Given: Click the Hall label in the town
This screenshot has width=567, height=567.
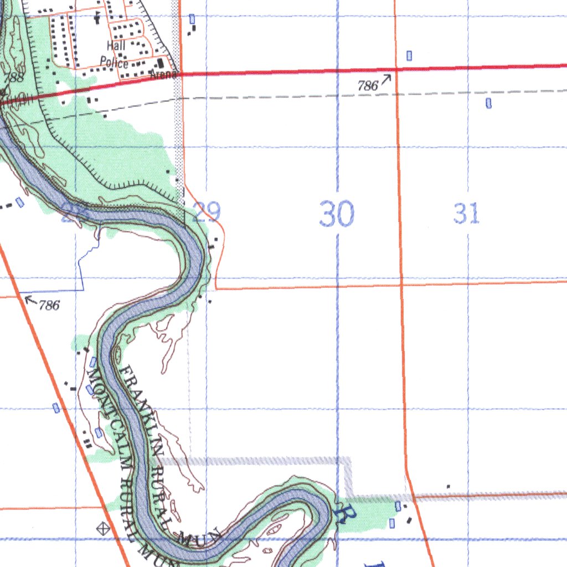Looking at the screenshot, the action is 116,45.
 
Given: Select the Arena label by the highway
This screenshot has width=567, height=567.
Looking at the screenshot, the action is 165,74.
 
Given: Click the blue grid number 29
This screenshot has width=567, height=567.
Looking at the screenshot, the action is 207,212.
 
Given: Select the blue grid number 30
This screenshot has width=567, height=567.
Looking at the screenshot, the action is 337,214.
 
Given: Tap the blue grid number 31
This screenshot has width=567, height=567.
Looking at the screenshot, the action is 466,213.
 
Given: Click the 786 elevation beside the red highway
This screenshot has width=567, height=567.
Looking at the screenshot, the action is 368,85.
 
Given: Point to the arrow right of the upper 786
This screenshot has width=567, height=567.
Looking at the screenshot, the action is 386,79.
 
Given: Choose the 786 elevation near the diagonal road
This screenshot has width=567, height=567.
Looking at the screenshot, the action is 49,305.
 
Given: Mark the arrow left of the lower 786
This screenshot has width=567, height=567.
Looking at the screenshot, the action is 31,301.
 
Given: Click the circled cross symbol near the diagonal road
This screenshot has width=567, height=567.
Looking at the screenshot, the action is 103,528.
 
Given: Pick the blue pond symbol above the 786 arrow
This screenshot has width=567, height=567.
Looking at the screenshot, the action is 409,55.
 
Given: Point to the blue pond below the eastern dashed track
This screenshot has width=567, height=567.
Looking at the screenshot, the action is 488,102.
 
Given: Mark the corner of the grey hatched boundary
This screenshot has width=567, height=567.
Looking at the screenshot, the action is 348,460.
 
